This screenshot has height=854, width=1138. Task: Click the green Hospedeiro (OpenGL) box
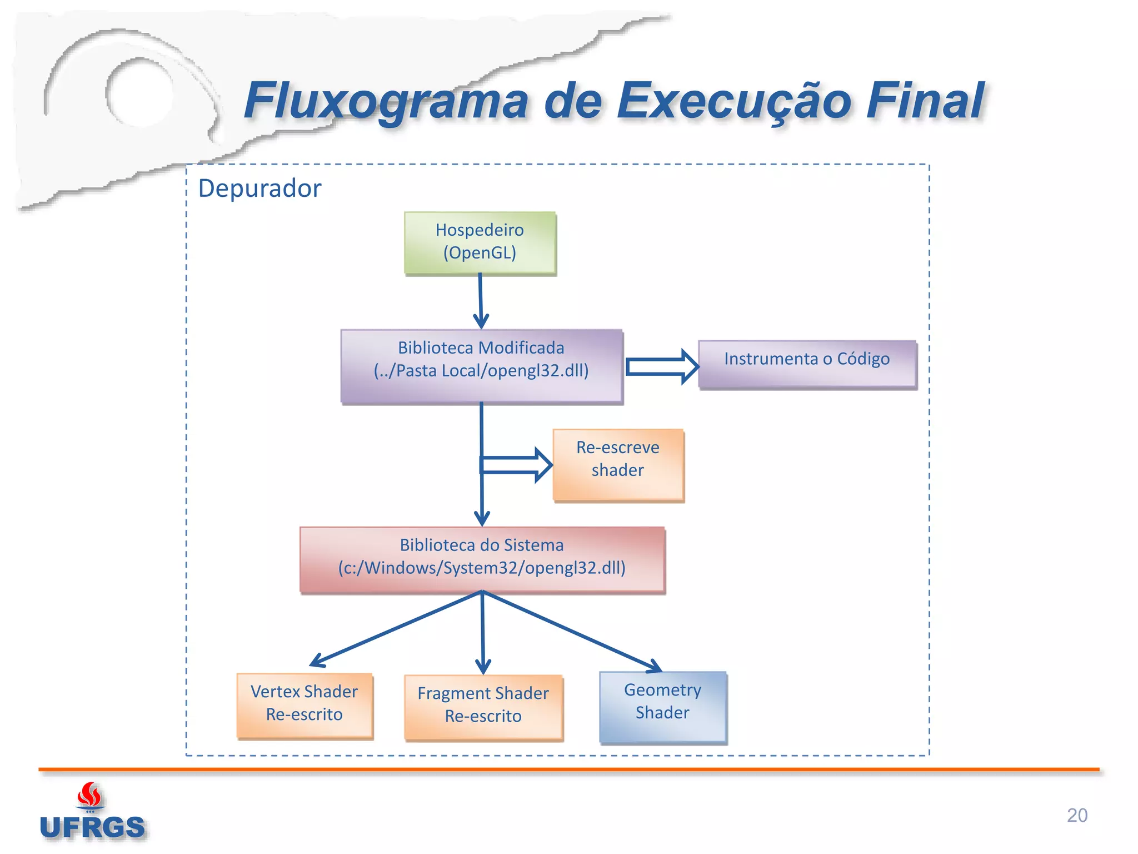coord(480,242)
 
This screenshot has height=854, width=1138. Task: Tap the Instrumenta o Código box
coord(807,364)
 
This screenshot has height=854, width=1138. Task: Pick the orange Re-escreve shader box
coord(618,465)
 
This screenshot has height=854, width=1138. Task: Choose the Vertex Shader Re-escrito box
coord(305,705)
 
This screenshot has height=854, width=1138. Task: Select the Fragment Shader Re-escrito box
coord(483,707)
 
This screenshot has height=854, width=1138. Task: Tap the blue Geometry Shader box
coord(663,707)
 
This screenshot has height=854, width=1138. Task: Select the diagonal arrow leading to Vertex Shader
coord(395,629)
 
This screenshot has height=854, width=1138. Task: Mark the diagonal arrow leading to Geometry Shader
coord(572,631)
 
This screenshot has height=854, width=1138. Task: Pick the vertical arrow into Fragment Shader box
coord(483,634)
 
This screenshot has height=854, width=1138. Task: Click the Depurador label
coord(259,188)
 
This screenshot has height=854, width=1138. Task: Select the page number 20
coord(1077,815)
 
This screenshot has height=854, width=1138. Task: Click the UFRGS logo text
coord(92,827)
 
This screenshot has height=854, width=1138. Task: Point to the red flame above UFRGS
coord(89,795)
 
